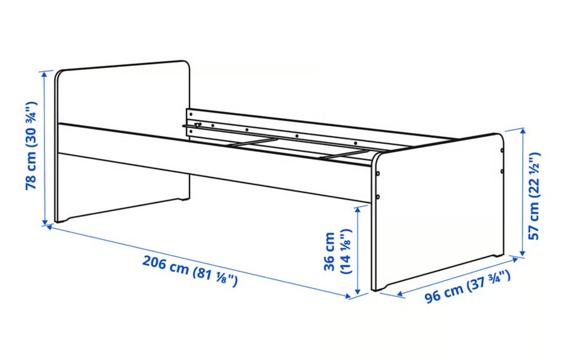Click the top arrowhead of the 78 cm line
45,73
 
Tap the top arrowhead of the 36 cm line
358,210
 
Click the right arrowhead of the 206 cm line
348,296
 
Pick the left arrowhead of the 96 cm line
401,294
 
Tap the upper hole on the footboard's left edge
378,173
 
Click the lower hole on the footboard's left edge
378,197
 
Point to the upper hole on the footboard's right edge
502,150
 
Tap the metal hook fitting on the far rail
198,125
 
